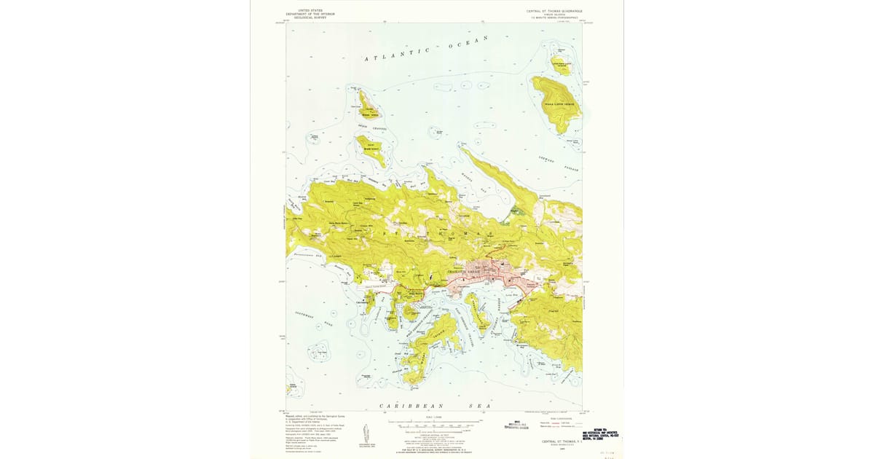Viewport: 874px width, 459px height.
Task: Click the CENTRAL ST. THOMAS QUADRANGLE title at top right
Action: [554, 12]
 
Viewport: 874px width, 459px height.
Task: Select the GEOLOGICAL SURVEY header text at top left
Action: [312, 17]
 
